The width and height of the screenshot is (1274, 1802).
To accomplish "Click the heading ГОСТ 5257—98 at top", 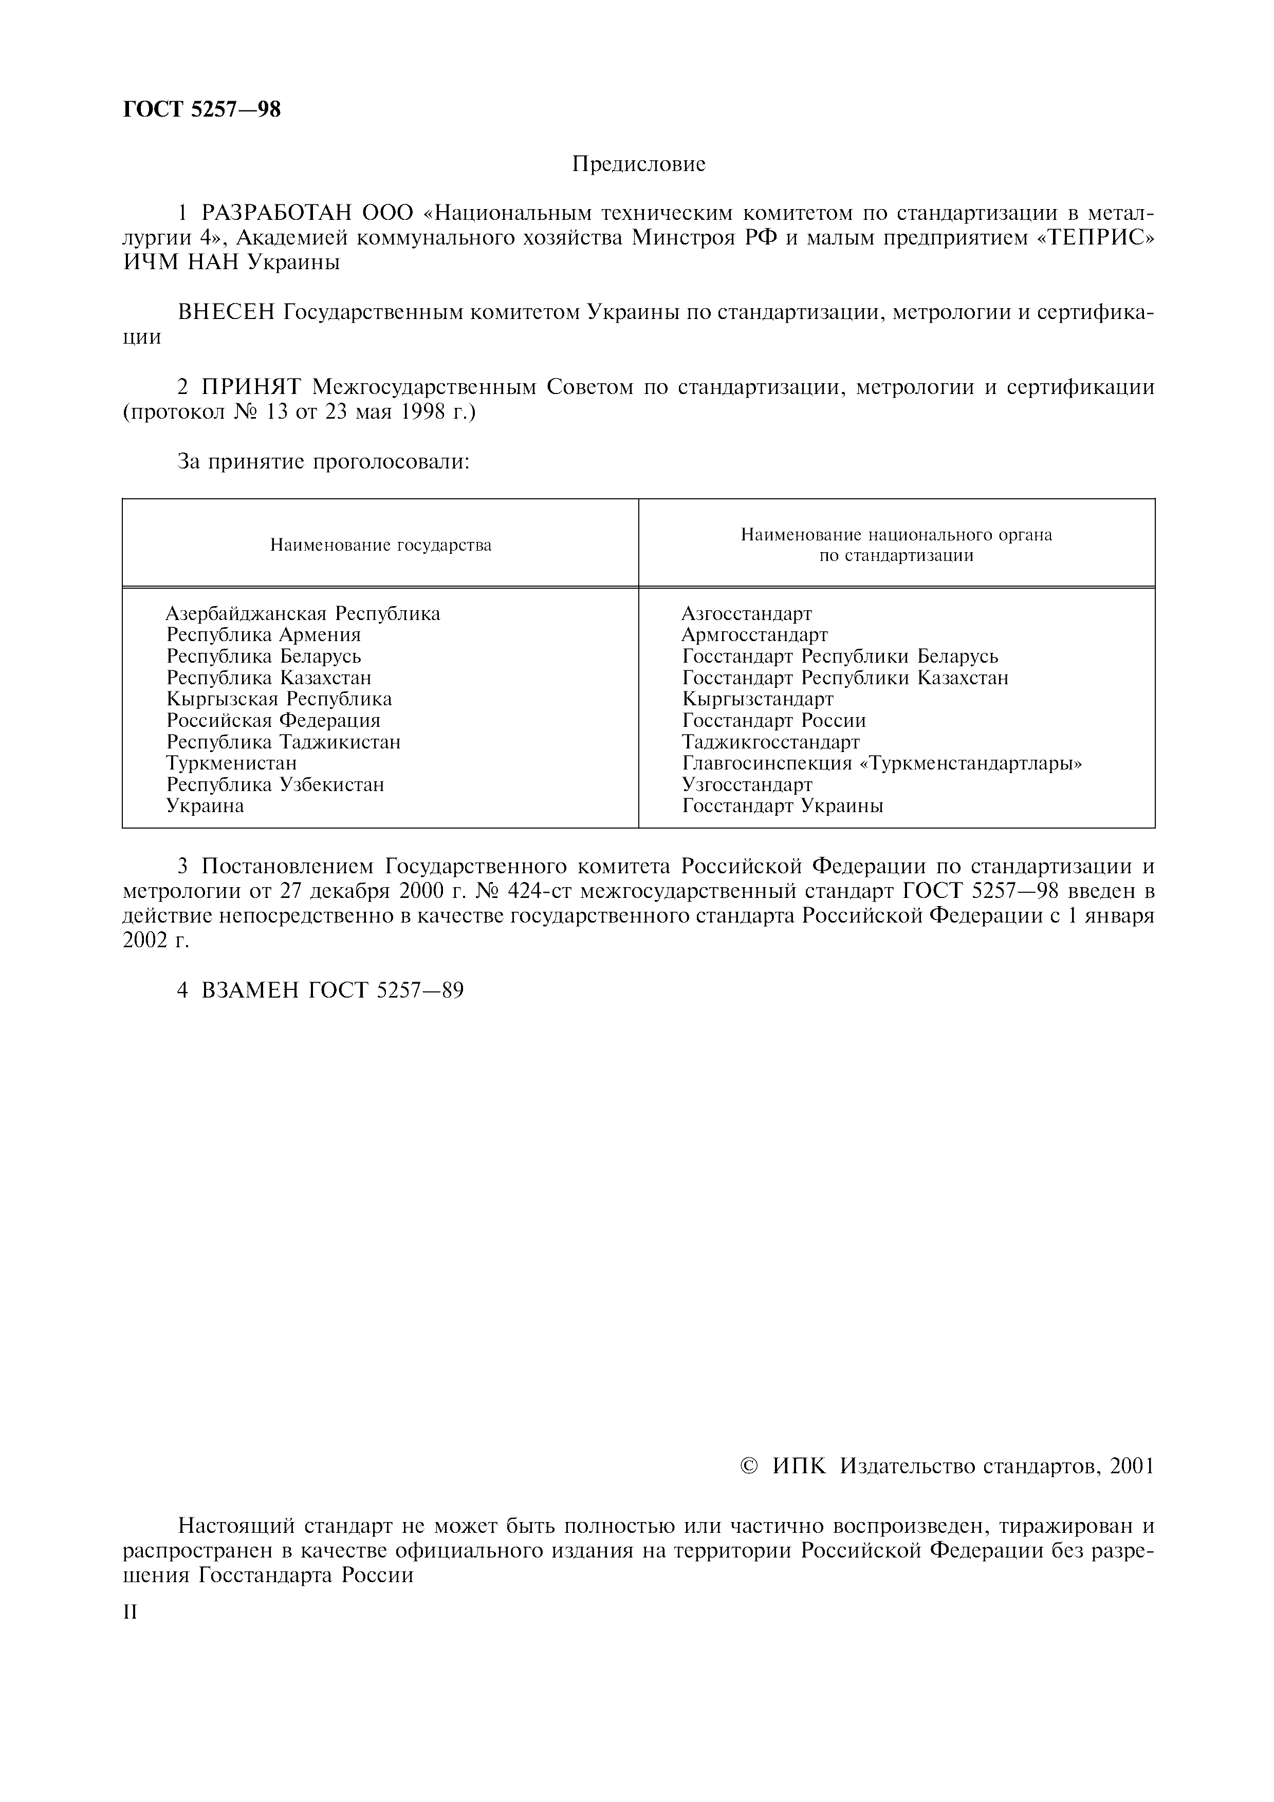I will tap(202, 109).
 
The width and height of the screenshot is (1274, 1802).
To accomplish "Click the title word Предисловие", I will tap(638, 163).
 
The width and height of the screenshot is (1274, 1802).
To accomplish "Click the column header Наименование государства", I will tap(381, 545).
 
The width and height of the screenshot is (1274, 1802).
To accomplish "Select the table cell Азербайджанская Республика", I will tap(303, 613).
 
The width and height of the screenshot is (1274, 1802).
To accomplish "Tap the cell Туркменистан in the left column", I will tap(232, 763).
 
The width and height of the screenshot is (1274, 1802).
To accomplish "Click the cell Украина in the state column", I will tap(205, 805).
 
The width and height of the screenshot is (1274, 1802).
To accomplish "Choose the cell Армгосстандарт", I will tap(754, 634).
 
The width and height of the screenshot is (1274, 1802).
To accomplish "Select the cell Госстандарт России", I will tap(774, 720).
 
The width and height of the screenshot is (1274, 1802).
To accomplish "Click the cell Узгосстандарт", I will tap(747, 784).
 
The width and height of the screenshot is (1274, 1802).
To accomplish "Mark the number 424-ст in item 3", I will tap(548, 892).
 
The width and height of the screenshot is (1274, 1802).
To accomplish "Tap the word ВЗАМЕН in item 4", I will tap(250, 990).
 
